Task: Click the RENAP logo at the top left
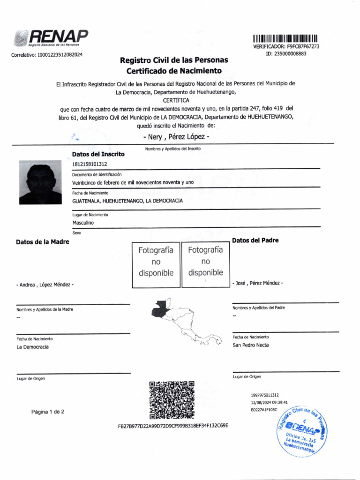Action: click(51, 38)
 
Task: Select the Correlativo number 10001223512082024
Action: click(46, 55)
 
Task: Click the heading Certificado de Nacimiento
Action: click(174, 71)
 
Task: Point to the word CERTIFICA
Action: click(176, 100)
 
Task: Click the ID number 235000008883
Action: click(286, 53)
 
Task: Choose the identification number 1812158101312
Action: click(90, 164)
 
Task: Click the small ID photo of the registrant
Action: click(40, 182)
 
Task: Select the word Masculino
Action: click(83, 223)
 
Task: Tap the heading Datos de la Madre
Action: click(43, 242)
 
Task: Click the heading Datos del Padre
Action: click(255, 240)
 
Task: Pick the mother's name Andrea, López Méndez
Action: click(45, 285)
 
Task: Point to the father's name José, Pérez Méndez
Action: click(257, 283)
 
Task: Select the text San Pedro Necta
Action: click(251, 345)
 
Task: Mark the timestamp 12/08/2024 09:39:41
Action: click(269, 402)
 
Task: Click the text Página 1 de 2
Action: click(48, 412)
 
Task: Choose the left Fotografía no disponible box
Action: click(156, 262)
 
